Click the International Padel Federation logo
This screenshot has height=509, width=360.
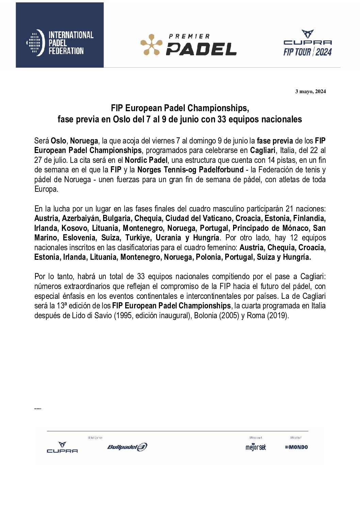click(60, 43)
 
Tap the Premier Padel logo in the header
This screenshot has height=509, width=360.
click(189, 45)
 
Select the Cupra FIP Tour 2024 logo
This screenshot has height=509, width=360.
click(308, 43)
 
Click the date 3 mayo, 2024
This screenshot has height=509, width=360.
click(310, 91)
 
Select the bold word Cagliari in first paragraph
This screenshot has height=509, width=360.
click(263, 150)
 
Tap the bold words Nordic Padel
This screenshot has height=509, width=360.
click(146, 160)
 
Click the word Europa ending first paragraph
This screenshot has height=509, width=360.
click(46, 189)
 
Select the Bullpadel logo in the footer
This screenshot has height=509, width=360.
click(127, 447)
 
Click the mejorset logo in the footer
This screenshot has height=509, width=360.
click(256, 447)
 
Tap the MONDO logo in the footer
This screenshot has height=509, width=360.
click(296, 447)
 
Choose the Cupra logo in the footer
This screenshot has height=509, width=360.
click(62, 447)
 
